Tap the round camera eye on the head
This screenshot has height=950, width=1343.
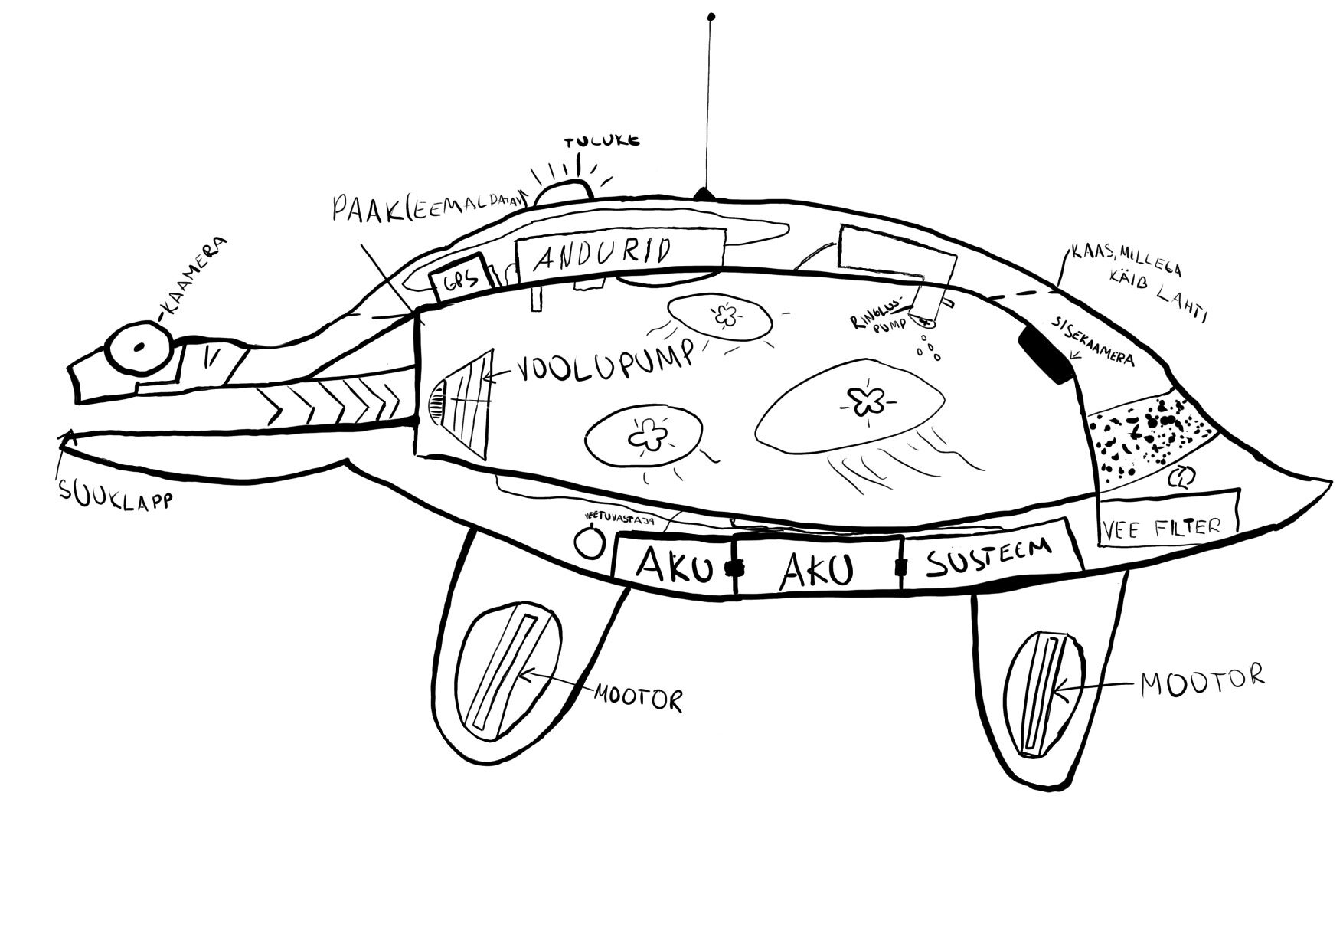tap(139, 347)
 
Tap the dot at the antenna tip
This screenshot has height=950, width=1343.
tap(711, 17)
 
